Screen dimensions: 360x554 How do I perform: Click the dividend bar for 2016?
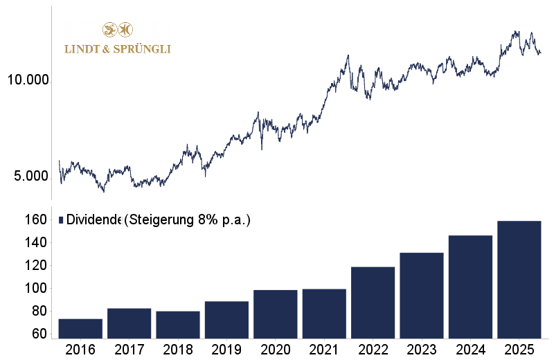point(80,329)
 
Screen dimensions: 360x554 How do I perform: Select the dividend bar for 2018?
point(178,325)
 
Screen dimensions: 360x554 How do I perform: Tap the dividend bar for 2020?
point(275,314)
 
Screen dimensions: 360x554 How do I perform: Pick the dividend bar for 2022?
point(373,303)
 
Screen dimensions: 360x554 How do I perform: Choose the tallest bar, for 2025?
point(519,280)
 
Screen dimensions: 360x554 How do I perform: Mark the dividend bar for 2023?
point(422,296)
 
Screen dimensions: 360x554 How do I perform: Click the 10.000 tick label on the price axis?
point(27,80)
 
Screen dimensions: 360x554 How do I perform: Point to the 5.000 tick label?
point(30,177)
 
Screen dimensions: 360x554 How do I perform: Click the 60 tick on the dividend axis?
point(39,334)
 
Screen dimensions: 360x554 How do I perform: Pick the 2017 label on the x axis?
point(129,350)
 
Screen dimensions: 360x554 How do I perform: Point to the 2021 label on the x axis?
point(324,350)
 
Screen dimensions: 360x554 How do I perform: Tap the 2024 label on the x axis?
point(470,350)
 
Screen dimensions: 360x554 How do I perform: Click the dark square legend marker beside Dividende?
point(61,220)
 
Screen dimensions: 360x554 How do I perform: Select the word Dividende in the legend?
point(93,220)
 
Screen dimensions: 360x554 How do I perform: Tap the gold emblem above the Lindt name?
point(117,30)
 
